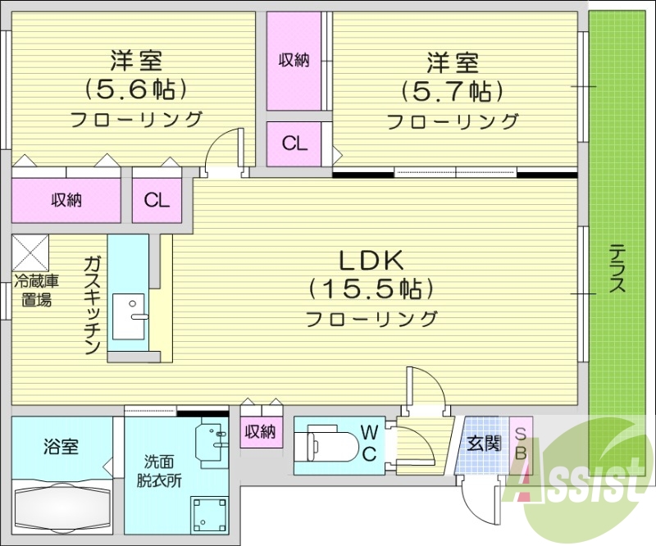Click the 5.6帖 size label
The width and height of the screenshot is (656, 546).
(137, 89)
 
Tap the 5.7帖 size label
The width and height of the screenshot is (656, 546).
(452, 89)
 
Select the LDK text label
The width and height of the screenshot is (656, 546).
(371, 262)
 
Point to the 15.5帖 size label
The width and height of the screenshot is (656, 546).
(371, 289)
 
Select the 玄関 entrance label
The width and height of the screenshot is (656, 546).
(484, 444)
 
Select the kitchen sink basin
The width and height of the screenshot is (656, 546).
(128, 316)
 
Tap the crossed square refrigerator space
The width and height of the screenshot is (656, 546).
(30, 252)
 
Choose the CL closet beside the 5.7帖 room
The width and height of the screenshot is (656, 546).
(295, 143)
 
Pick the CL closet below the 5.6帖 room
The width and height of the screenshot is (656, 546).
(157, 199)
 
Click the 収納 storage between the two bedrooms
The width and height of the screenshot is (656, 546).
(294, 60)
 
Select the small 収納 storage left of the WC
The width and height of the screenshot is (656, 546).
(261, 432)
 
